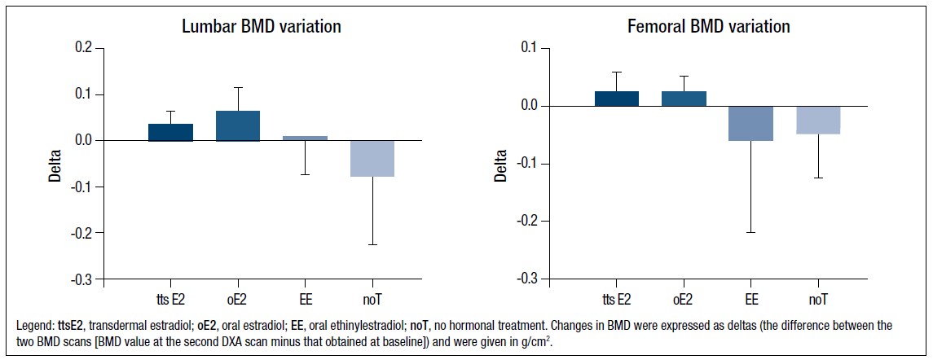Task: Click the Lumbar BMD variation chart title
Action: pos(261,27)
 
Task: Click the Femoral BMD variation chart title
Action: pos(708,27)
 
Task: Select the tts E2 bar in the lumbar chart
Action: pos(170,132)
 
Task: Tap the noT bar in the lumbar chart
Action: pos(373,158)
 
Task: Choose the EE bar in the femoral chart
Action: pos(750,124)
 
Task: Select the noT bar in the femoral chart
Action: pos(817,120)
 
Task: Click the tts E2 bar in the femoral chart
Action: pos(616,98)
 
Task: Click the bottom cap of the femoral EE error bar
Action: pos(750,233)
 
